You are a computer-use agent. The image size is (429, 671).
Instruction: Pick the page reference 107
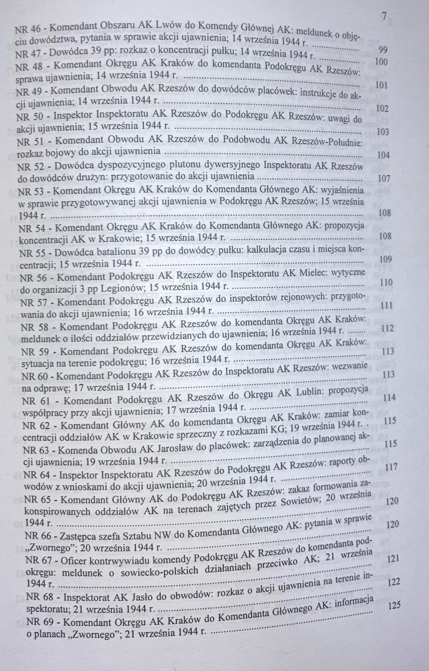(384, 179)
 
